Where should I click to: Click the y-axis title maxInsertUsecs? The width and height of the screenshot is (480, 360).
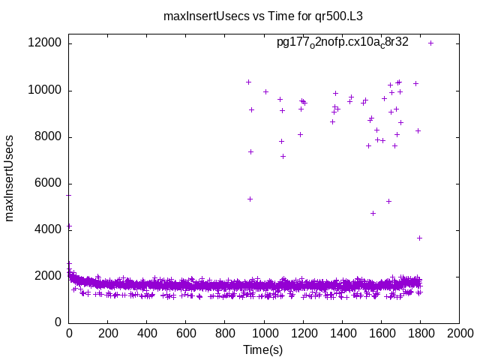[x=10, y=178]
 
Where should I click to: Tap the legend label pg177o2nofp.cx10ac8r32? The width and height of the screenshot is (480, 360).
[x=342, y=42]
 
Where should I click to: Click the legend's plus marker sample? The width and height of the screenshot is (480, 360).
[x=431, y=43]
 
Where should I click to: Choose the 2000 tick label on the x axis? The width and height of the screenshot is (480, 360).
[x=459, y=334]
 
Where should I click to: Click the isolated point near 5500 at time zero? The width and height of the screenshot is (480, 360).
[x=69, y=195]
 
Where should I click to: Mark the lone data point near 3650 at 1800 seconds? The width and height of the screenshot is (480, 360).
[x=420, y=238]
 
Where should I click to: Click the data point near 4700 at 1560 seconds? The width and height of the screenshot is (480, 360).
[x=373, y=213]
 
